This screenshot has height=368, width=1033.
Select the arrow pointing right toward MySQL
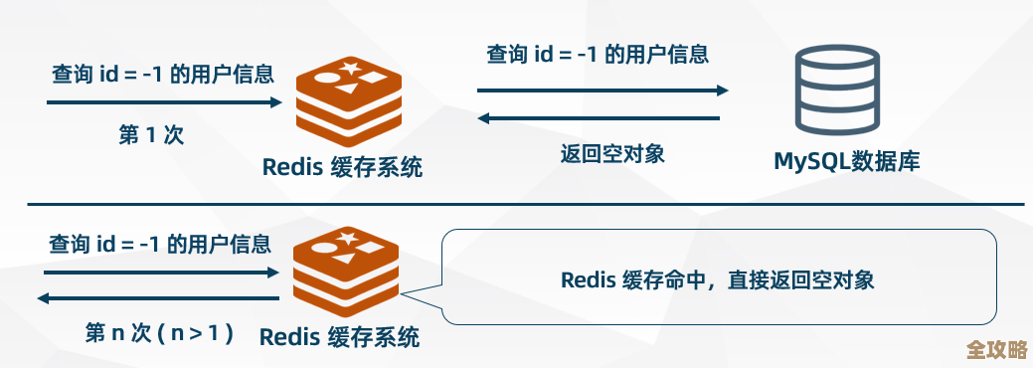click(x=603, y=90)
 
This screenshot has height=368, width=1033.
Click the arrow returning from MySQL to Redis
click(x=599, y=118)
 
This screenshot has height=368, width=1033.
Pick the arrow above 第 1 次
click(x=164, y=101)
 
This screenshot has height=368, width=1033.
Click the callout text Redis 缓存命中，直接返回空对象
click(x=718, y=279)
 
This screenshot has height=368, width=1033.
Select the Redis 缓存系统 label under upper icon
click(x=343, y=166)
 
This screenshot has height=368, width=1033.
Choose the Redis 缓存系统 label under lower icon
click(x=340, y=336)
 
